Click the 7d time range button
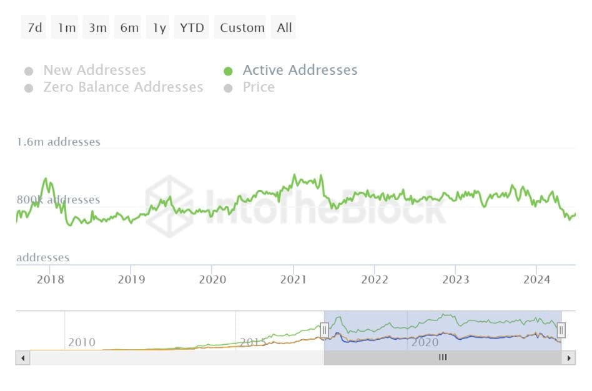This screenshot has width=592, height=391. [x=34, y=28]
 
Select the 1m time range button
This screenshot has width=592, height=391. [x=66, y=28]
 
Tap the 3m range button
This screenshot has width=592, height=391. [x=97, y=28]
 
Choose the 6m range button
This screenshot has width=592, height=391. [x=129, y=28]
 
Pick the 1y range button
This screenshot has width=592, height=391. [x=160, y=28]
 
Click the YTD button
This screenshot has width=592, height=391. [x=192, y=28]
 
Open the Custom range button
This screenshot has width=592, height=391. [x=242, y=28]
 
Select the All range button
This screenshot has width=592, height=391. [x=284, y=28]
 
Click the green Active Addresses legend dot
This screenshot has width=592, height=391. [x=229, y=71]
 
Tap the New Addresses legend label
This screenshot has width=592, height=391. [x=94, y=70]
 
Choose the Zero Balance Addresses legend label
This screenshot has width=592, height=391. [x=123, y=87]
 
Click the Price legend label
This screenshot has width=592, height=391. [x=259, y=87]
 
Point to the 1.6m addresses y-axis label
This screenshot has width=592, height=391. [x=58, y=142]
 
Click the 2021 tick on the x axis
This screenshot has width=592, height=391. [x=294, y=279]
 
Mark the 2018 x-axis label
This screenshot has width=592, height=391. [x=51, y=279]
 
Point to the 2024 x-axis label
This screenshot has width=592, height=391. [x=536, y=279]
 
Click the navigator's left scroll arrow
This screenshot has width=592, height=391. [x=22, y=358]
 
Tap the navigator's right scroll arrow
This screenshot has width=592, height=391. [x=568, y=358]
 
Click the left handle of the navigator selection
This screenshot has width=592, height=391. [x=324, y=329]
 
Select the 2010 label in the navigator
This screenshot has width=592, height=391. [x=82, y=342]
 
